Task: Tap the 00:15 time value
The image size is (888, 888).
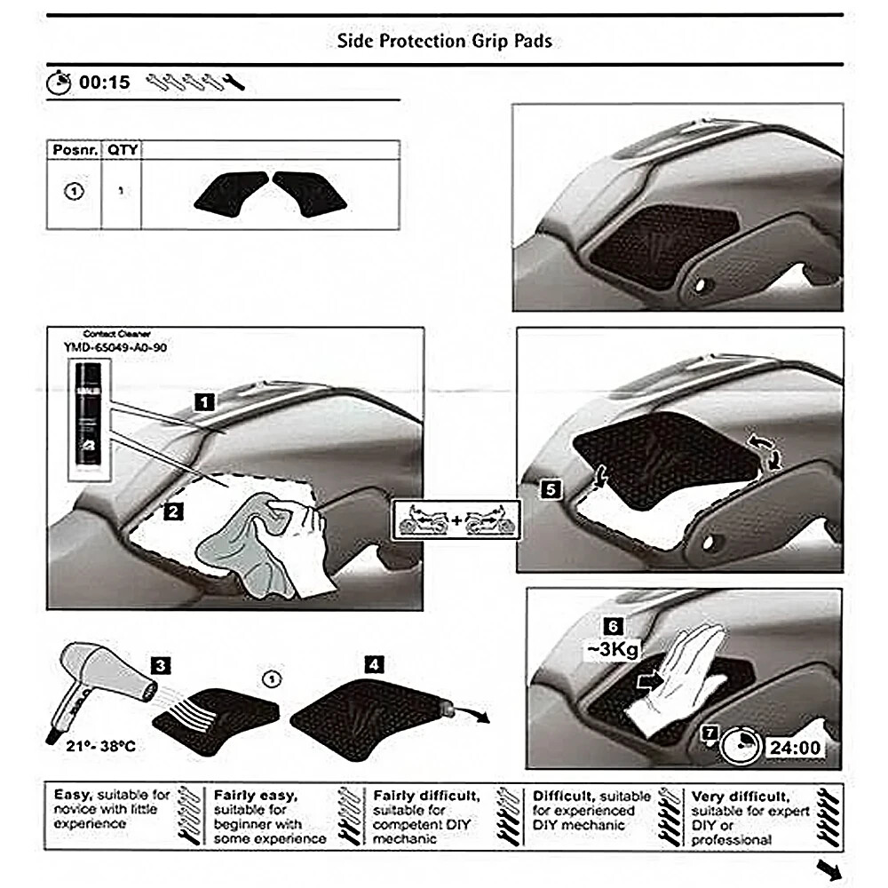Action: tap(105, 83)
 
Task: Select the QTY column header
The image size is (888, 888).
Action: tap(123, 150)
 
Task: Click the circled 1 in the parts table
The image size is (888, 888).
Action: tap(75, 191)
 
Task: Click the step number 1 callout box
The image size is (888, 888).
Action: tap(205, 402)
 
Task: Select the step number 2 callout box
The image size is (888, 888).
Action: tap(174, 510)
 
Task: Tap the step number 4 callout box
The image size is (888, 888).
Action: tap(375, 662)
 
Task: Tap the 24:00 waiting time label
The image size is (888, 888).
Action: tap(794, 748)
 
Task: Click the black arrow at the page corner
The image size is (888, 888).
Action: tap(829, 868)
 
